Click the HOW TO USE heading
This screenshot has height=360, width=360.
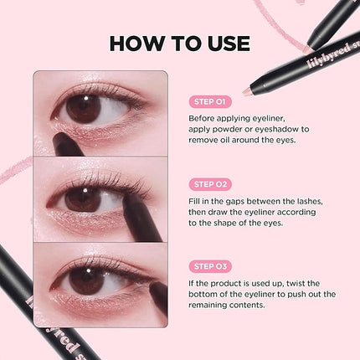[179, 44]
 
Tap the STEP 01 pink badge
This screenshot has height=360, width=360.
[210, 102]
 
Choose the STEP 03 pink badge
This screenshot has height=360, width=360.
[211, 265]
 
